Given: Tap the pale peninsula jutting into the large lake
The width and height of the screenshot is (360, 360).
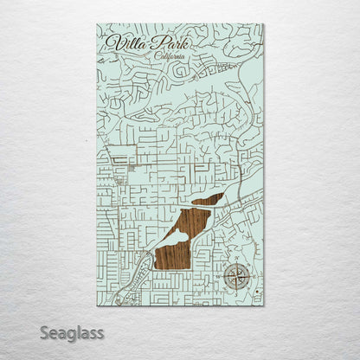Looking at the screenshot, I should click(x=174, y=235).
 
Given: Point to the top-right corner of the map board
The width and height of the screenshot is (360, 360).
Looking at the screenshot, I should click(x=263, y=24).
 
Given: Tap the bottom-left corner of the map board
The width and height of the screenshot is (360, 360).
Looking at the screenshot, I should click(x=97, y=306).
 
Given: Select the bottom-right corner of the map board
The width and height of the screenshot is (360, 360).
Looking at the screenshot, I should click(x=264, y=305).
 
